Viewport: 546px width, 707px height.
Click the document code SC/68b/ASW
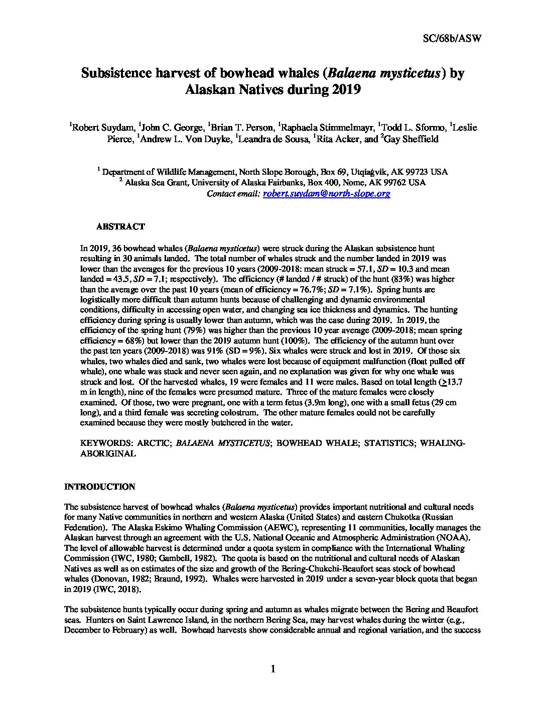tap(449, 39)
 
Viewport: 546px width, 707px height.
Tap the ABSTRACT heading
tap(120, 226)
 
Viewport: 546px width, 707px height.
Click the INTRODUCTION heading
tap(100, 487)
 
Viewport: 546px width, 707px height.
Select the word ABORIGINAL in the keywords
tap(108, 453)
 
